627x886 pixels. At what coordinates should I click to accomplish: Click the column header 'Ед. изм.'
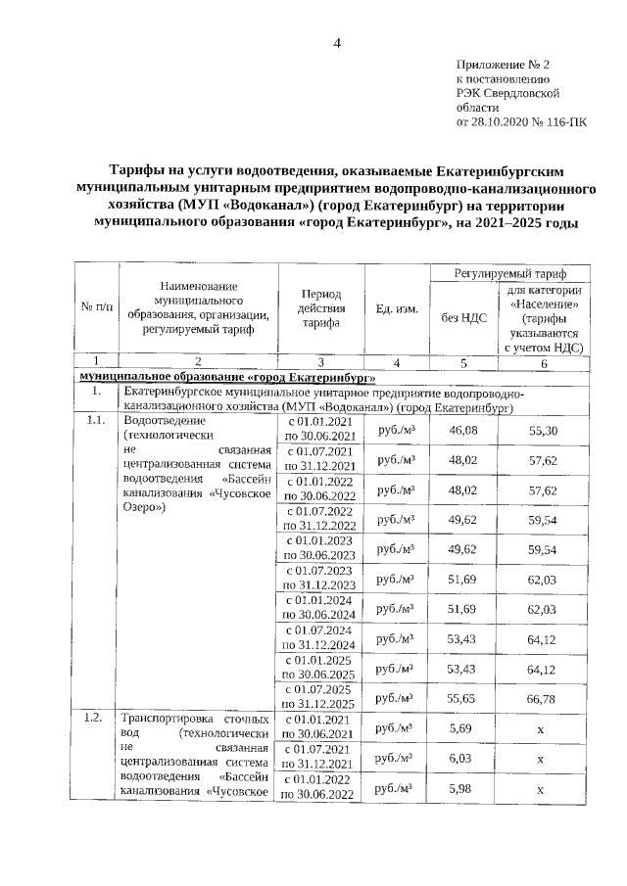(x=397, y=309)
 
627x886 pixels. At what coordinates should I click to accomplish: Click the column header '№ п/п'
(x=95, y=309)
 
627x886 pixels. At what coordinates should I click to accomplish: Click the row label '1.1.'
(x=95, y=422)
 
